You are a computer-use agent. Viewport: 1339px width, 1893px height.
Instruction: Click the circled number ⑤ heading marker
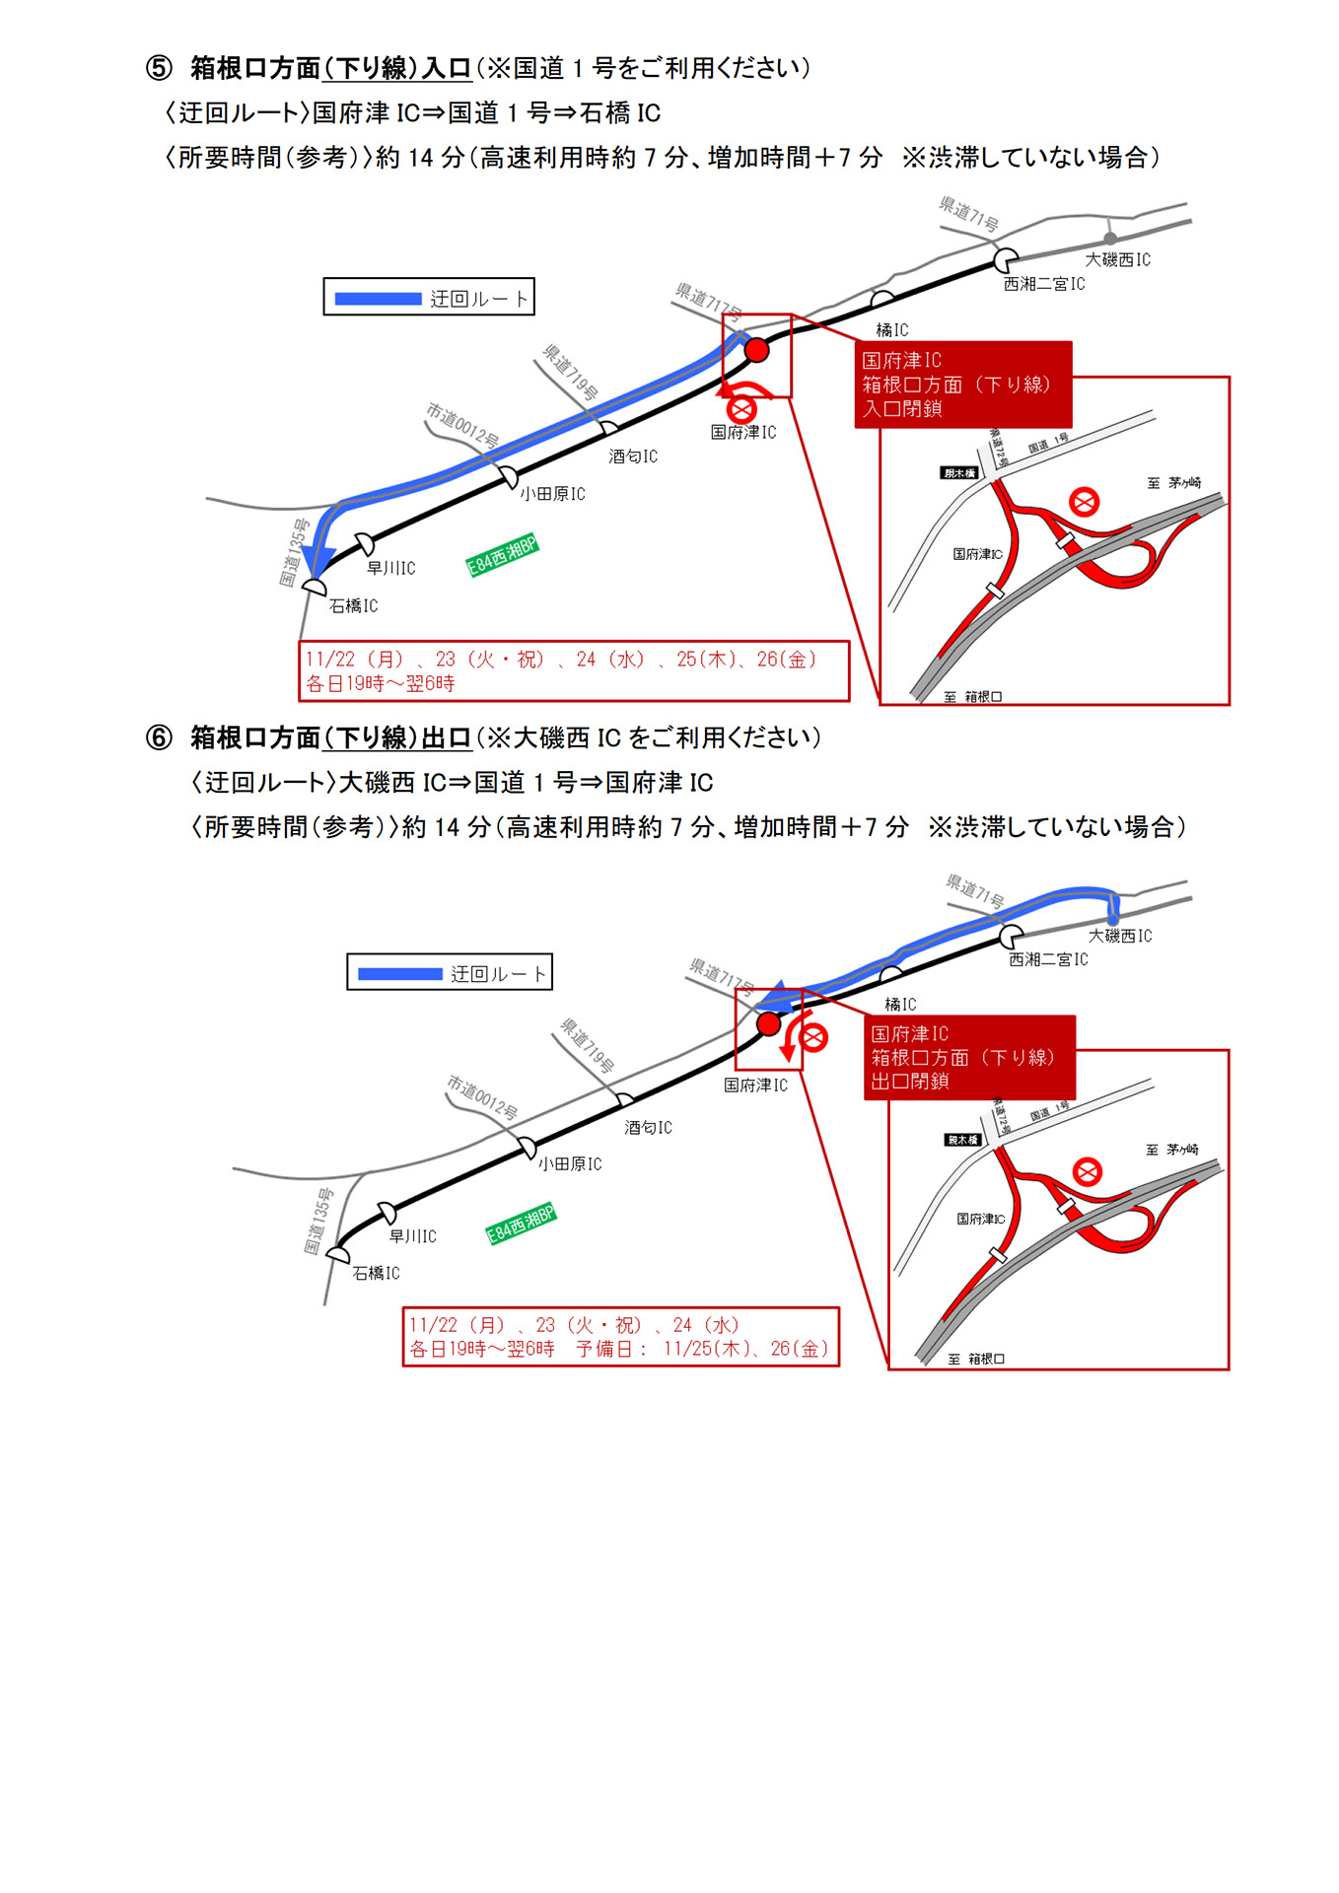(x=159, y=68)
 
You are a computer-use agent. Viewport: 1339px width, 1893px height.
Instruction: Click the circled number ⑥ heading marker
(x=159, y=737)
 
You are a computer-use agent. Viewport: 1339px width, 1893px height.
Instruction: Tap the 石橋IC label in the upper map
(x=353, y=605)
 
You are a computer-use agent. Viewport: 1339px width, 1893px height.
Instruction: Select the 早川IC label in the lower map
(x=412, y=1235)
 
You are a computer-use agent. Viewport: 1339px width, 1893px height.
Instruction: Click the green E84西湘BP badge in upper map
(x=502, y=555)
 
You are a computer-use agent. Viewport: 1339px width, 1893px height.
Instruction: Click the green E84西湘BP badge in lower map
(x=521, y=1224)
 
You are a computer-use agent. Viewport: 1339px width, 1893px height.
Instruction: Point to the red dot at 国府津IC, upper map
(x=756, y=350)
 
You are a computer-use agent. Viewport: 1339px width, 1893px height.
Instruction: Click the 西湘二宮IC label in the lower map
(x=1047, y=959)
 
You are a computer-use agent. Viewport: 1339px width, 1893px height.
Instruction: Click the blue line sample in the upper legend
(x=378, y=298)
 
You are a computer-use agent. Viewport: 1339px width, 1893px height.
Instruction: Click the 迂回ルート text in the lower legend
(x=498, y=973)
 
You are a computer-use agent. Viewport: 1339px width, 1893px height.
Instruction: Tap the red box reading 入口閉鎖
(x=962, y=385)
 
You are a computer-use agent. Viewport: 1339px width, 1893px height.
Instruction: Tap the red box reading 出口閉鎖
(x=968, y=1058)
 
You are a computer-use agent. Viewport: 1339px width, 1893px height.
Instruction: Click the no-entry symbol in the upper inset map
(x=1085, y=502)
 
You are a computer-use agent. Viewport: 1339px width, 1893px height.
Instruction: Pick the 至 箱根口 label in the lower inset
(x=976, y=1359)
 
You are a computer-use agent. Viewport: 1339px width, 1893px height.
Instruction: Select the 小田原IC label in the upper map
(x=552, y=493)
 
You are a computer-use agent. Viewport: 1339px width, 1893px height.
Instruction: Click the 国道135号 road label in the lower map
(x=318, y=1222)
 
